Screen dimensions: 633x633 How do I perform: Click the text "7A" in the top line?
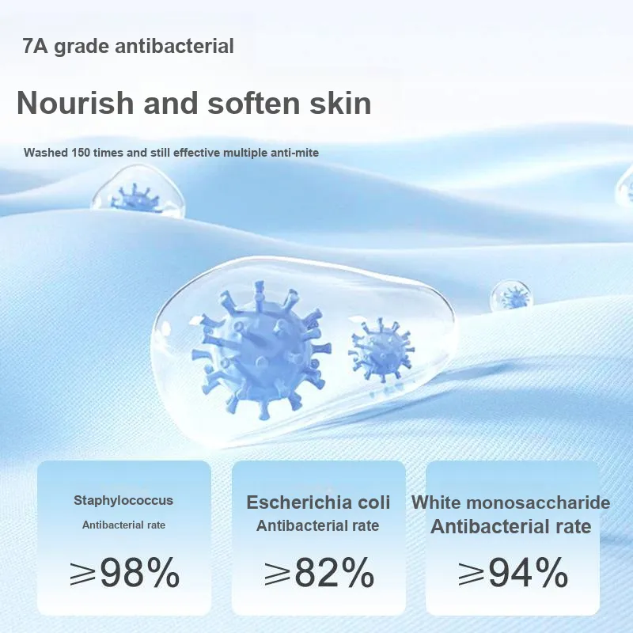[36, 46]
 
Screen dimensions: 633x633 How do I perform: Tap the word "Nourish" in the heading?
[75, 104]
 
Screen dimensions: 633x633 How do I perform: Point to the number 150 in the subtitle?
[81, 153]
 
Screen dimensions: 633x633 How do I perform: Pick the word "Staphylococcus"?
[123, 501]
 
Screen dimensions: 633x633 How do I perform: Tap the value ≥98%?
[124, 572]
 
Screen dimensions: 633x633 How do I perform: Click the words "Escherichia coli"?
[318, 502]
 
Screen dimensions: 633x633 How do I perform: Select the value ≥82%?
[319, 572]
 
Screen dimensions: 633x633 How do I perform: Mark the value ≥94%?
[513, 572]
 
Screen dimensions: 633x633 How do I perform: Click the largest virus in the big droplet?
[260, 351]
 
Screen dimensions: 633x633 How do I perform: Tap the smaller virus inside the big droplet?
[381, 350]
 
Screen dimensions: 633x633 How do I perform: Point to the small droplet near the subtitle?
[138, 191]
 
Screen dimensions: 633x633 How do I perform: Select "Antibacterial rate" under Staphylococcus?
[123, 525]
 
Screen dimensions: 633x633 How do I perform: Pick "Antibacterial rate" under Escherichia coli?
[318, 525]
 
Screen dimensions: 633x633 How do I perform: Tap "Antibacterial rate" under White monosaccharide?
[510, 526]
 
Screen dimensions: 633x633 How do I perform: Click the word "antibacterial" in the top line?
[174, 46]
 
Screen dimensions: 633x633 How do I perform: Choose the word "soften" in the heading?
[254, 104]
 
